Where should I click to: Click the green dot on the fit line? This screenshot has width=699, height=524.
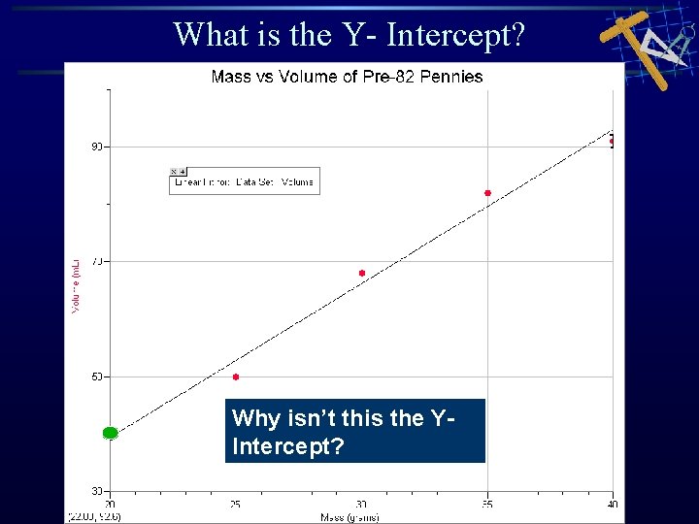coord(110,433)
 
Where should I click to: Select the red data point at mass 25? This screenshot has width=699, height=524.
coord(236,377)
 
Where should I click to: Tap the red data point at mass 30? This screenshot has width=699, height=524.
coord(362,274)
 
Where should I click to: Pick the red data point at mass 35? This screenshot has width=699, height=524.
coord(487,193)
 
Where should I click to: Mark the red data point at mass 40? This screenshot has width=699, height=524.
coord(613,142)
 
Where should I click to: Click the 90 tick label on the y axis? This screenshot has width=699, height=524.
coord(97,147)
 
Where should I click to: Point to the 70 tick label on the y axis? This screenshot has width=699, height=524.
coord(97,261)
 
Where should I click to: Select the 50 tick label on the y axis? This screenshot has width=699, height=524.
coord(97,377)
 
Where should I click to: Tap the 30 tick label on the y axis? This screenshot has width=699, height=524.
coord(97,491)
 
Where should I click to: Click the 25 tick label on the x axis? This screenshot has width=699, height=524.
coord(236,505)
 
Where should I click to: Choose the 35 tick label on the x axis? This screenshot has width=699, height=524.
coord(487,505)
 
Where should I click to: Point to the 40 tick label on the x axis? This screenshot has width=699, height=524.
coord(613,505)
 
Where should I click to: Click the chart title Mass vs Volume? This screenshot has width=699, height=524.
coord(347,76)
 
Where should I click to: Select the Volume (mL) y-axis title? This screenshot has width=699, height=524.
coord(76,283)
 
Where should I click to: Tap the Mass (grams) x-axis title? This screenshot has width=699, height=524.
coord(350,517)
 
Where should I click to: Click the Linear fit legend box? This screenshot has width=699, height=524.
coord(244,180)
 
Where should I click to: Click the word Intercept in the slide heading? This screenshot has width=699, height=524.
coord(455,35)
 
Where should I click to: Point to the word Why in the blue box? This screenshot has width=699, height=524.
coord(253,418)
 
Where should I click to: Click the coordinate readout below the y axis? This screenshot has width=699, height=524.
coord(93,516)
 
